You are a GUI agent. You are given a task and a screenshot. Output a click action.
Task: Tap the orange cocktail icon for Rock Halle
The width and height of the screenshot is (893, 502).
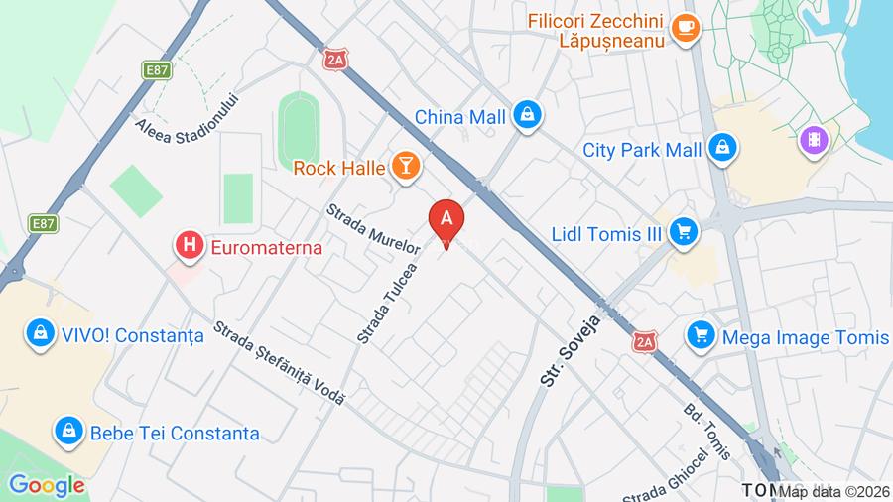pyautogui.click(x=405, y=167)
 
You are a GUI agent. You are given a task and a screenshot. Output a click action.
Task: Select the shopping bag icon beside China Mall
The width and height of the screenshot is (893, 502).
pyautogui.click(x=528, y=116)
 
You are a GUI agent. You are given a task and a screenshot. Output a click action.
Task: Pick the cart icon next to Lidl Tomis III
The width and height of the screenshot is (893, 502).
pyautogui.click(x=682, y=233)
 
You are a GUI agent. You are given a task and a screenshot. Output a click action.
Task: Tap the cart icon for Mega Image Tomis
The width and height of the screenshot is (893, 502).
pyautogui.click(x=702, y=337)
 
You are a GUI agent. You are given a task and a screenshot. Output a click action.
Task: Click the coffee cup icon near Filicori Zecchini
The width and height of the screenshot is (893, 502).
pyautogui.click(x=685, y=29)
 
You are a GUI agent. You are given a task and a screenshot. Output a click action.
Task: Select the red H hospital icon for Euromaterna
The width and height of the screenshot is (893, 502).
pyautogui.click(x=189, y=246)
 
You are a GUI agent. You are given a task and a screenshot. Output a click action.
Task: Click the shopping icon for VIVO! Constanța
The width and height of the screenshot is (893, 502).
pyautogui.click(x=40, y=334)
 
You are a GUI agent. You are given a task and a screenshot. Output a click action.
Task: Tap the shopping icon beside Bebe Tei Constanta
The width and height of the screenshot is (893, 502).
pyautogui.click(x=67, y=432)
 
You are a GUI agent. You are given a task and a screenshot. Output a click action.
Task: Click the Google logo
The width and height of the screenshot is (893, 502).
pyautogui.click(x=46, y=485)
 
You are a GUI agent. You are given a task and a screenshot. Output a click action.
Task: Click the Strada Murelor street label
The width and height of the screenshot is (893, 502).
pyautogui.click(x=374, y=227)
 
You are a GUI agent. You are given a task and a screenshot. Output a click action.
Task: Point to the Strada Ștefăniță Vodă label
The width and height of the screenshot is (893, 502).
pyautogui.click(x=279, y=364)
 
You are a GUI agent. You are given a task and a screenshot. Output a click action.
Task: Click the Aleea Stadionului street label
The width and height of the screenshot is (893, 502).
pyautogui.click(x=189, y=117)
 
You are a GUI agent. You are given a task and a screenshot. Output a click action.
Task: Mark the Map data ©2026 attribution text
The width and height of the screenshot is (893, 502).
pyautogui.click(x=833, y=491)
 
